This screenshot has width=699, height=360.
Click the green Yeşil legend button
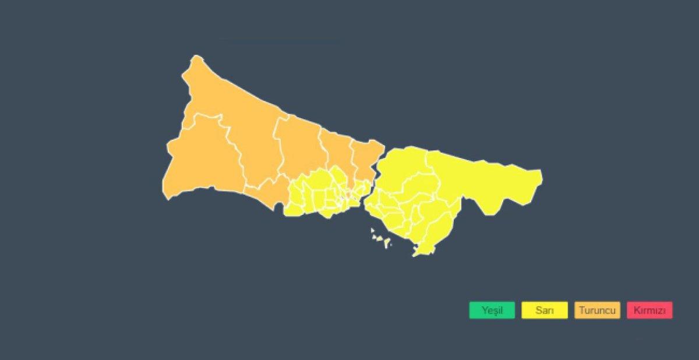tap(492, 310)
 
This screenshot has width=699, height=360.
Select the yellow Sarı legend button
tap(545, 310)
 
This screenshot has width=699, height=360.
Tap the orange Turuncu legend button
tap(597, 310)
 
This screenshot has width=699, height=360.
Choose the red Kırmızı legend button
tap(649, 310)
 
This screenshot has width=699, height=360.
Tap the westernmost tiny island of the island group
tap(372, 230)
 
